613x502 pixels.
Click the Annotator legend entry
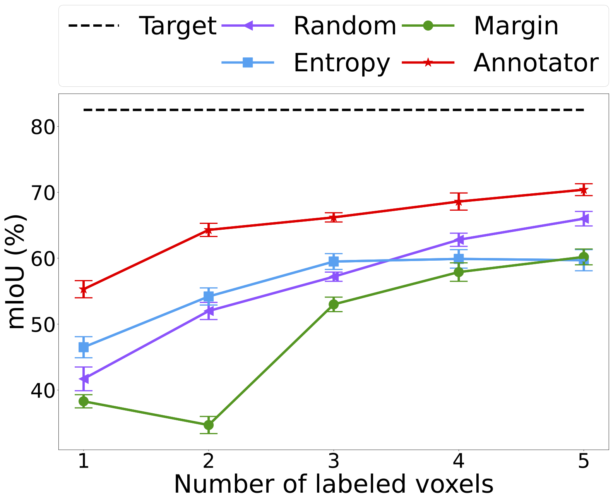[x=536, y=63]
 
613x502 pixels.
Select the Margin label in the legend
[x=516, y=26]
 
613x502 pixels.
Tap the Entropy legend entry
[x=341, y=63]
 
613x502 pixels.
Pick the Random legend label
[x=345, y=26]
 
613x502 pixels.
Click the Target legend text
[x=177, y=26]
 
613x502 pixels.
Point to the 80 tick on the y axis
[x=44, y=127]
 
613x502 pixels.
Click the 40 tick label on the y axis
[x=44, y=390]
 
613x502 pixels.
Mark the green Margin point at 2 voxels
[x=208, y=425]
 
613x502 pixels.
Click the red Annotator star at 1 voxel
[x=83, y=289]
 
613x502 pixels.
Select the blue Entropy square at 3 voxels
[x=334, y=262]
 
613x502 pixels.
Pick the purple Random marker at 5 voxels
[x=584, y=219]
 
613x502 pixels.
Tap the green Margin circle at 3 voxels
[x=334, y=304]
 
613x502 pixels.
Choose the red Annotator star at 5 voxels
[x=584, y=190]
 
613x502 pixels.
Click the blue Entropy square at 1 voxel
[x=83, y=347]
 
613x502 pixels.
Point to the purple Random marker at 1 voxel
[x=83, y=378]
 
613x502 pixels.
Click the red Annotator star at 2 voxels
[x=208, y=230]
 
